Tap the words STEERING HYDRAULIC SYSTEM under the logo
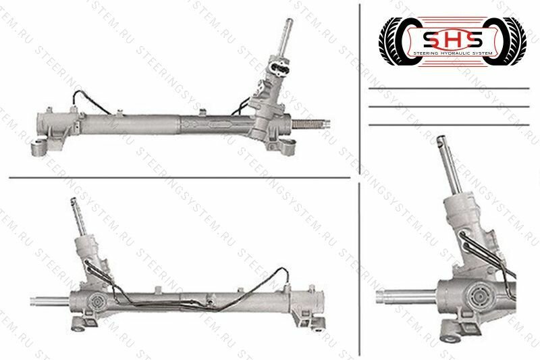coord(443,54)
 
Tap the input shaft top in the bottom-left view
coord(74,203)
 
